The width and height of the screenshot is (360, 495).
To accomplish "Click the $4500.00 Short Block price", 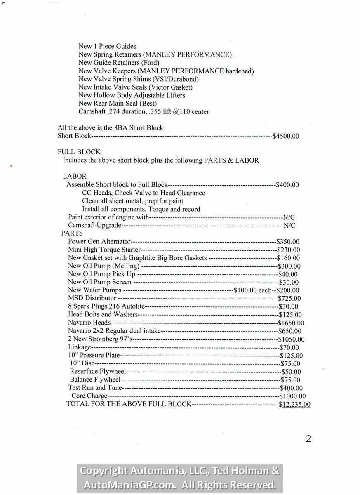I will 286,136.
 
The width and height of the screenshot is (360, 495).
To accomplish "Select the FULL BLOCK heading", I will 79,152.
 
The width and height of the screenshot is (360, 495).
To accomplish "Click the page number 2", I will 308,439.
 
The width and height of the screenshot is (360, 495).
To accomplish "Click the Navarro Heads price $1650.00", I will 291,323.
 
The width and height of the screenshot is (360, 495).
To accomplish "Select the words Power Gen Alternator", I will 99,242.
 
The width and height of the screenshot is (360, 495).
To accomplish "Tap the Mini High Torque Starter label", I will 104,250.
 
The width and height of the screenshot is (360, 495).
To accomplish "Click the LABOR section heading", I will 75,176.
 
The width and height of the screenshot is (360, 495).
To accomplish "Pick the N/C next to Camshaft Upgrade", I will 289,226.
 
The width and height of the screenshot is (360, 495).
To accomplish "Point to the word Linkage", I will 79,347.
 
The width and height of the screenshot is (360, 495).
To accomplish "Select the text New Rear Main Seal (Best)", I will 118,104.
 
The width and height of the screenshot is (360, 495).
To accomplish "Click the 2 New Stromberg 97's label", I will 101,339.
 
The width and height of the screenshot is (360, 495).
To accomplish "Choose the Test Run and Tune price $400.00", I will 291,388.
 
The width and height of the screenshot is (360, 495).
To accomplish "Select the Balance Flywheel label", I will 95,379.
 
